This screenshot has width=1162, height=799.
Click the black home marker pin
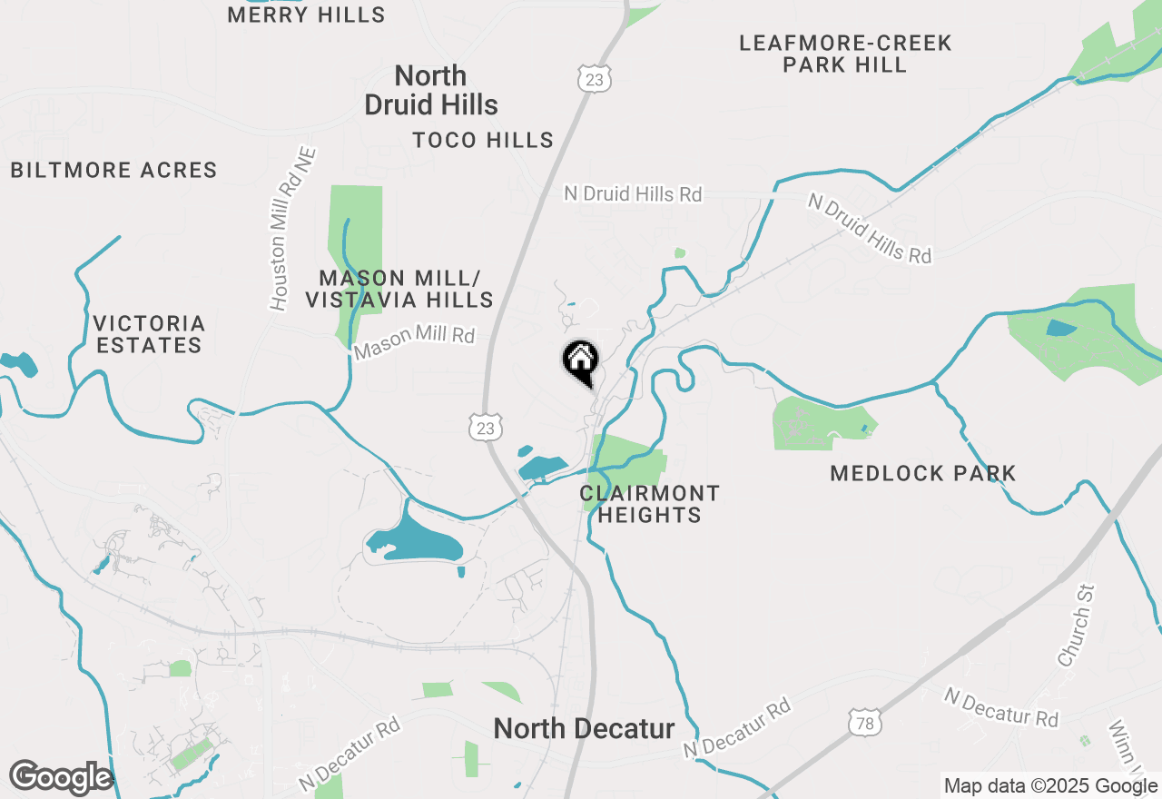[x=580, y=361]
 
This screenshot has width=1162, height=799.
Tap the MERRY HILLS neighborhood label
[x=306, y=15]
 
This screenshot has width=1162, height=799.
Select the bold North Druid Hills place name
[x=431, y=90]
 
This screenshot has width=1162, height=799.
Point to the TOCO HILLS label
[x=483, y=140]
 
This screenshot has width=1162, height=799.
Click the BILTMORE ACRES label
[x=114, y=170]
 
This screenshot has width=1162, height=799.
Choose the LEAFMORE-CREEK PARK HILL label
[x=845, y=54]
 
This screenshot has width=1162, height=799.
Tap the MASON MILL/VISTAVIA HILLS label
[x=399, y=288]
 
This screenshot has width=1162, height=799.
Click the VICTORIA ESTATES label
[x=149, y=334]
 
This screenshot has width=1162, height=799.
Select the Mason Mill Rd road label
[x=414, y=342]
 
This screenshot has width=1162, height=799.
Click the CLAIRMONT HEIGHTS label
[x=649, y=504]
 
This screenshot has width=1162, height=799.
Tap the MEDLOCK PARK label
[x=922, y=473]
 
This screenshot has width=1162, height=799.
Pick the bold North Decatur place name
[x=584, y=728]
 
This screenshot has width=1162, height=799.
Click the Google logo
[x=61, y=777]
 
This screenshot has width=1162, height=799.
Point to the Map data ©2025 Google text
[x=1050, y=786]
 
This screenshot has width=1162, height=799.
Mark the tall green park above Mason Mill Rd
[x=355, y=245]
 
